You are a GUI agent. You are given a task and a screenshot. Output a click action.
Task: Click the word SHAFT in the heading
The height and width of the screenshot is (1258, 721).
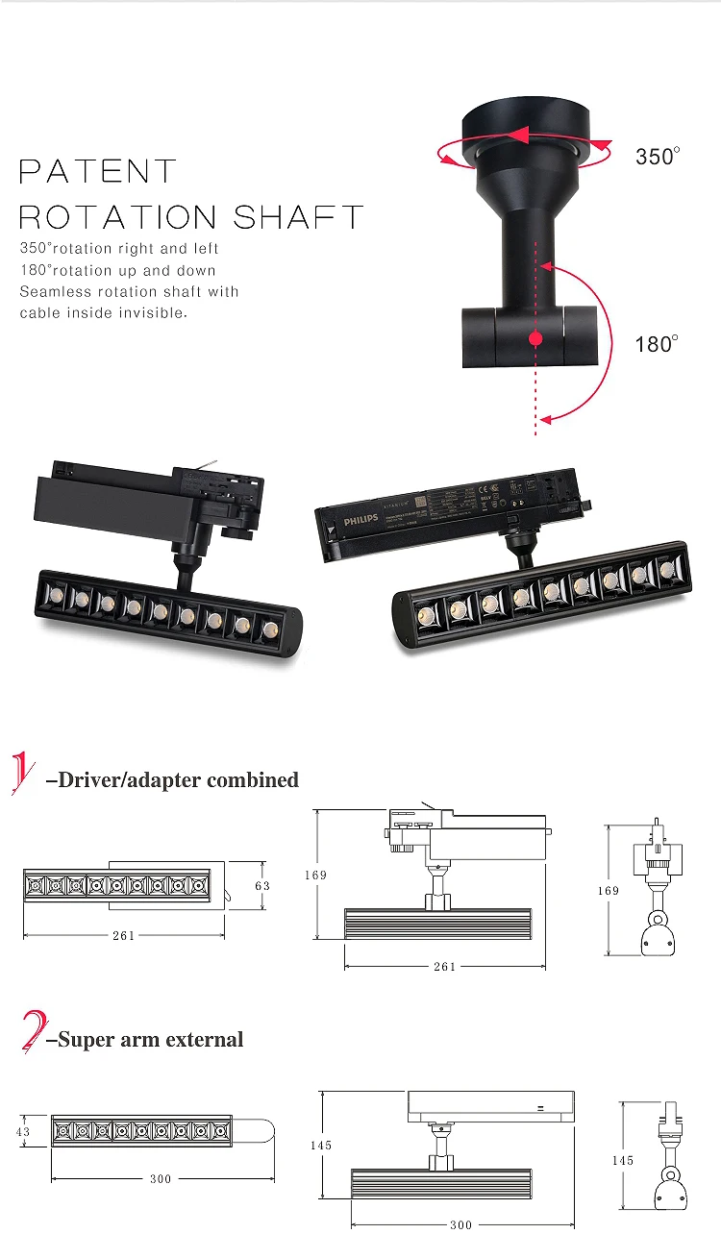[x=299, y=217]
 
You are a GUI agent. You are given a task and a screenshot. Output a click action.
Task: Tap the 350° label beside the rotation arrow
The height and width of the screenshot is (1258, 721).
[x=658, y=156]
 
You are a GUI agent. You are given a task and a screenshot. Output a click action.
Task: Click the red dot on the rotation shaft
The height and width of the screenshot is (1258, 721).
[x=536, y=338]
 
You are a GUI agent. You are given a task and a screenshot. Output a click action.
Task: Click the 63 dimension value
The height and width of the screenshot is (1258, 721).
[x=262, y=885]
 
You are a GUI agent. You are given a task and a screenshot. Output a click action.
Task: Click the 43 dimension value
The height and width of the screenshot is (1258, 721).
[x=23, y=1132]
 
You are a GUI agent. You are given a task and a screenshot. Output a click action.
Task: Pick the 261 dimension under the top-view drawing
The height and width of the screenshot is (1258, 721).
[x=123, y=936]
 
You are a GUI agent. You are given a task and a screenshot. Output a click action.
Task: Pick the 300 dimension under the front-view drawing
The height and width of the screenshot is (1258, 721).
[x=461, y=1225]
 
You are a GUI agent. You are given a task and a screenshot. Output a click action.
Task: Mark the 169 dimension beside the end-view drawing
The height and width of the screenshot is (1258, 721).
[x=609, y=891]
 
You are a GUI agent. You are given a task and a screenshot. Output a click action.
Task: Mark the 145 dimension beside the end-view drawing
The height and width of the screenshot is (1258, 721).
[x=623, y=1161]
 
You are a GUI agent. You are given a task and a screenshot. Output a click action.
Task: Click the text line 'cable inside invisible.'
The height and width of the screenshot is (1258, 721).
[x=104, y=313]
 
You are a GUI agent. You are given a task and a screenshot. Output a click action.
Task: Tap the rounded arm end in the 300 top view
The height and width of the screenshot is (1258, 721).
[x=263, y=1131]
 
